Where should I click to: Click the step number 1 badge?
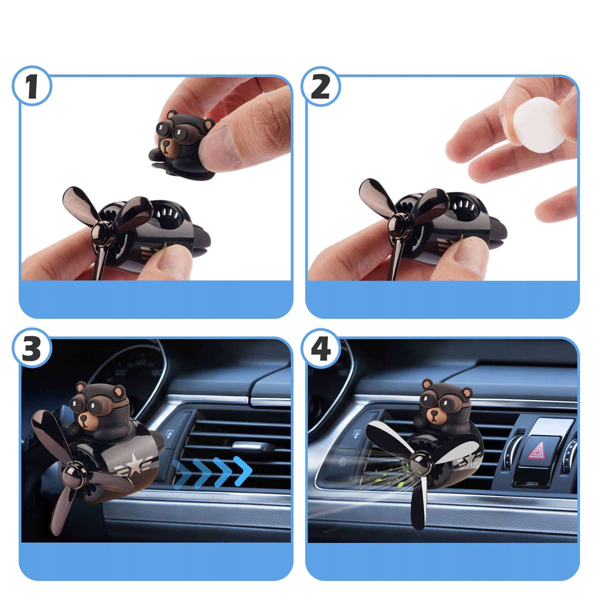point(32,86)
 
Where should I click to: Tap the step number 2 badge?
point(321,86)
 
